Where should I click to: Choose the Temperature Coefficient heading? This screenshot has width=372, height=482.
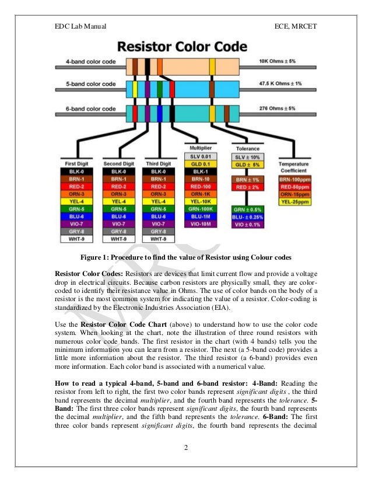click(294, 166)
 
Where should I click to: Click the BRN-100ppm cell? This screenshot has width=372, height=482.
click(294, 178)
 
